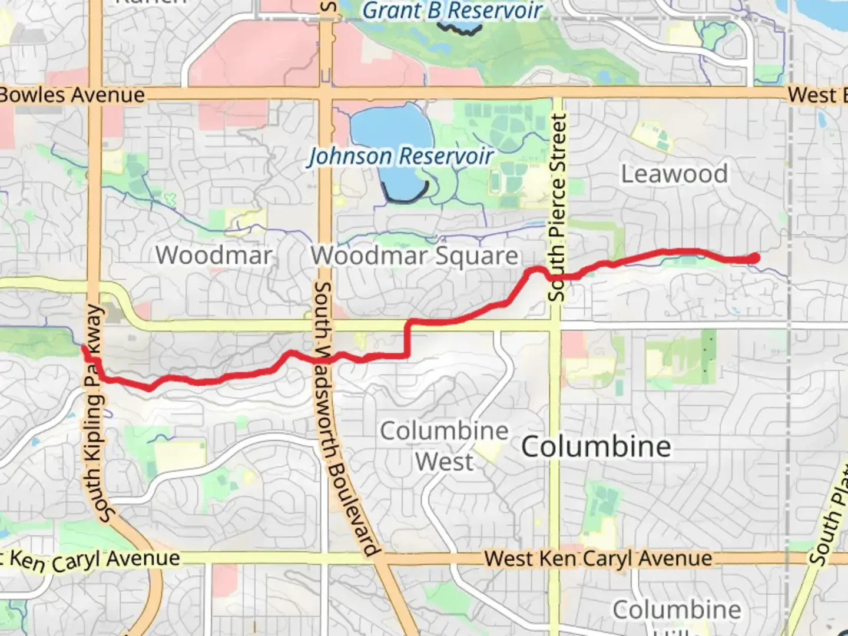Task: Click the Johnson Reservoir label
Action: click(400, 157)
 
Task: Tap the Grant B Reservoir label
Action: click(452, 11)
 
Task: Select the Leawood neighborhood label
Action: click(674, 174)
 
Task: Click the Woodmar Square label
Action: click(415, 256)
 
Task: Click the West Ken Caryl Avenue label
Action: click(598, 558)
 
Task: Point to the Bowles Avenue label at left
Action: click(72, 95)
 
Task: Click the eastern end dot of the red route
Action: click(754, 258)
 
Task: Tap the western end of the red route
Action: click(85, 349)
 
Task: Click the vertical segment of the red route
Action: click(407, 339)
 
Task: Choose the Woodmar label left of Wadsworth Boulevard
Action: click(214, 256)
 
